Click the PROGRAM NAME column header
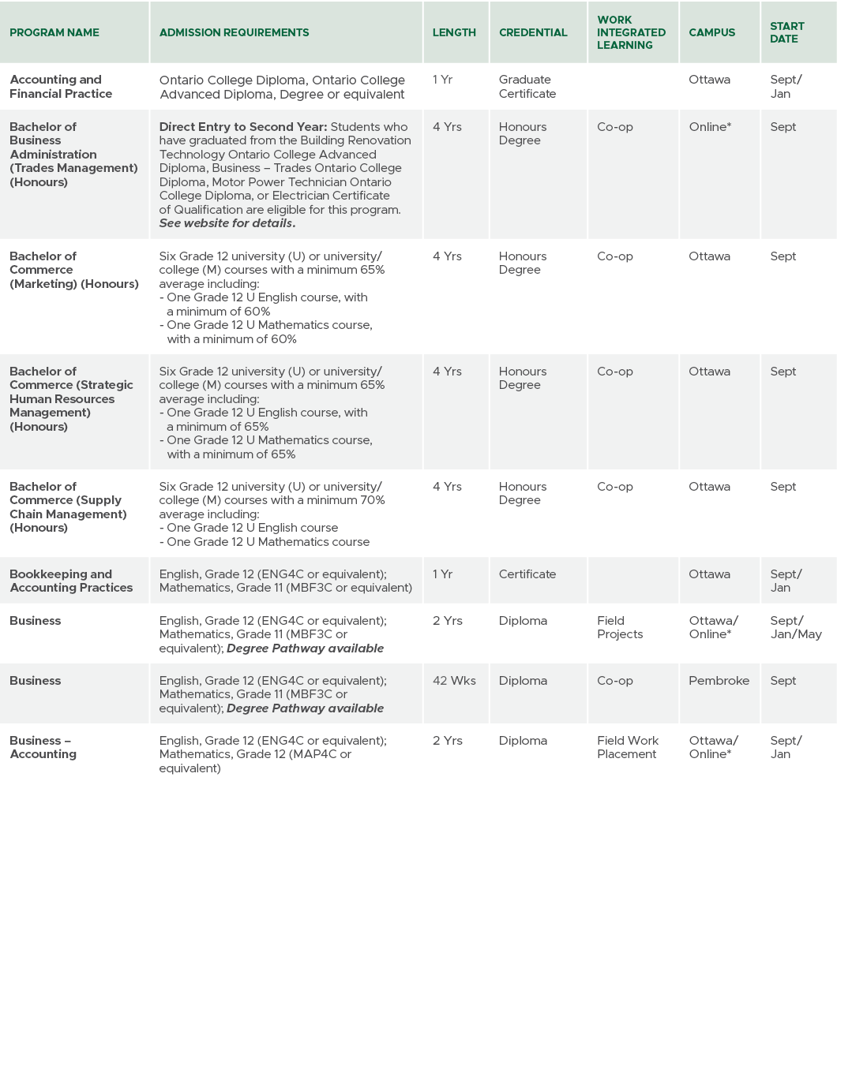point(54,32)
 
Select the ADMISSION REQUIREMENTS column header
point(234,32)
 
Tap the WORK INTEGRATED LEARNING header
point(631,32)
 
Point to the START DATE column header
point(786,32)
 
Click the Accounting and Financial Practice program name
point(61,87)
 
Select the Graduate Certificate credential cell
point(527,87)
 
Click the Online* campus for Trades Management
point(710,127)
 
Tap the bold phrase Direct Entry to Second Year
point(243,127)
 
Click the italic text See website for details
point(227,223)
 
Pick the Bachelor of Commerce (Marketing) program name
point(74,270)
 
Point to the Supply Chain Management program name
point(68,507)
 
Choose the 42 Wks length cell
point(454,681)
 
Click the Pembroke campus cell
point(719,681)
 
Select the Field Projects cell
point(620,627)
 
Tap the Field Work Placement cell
point(628,747)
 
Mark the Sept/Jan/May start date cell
point(796,627)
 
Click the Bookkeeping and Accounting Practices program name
point(71,581)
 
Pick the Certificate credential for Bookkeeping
point(527,574)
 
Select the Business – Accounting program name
point(43,747)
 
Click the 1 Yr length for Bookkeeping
point(442,574)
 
